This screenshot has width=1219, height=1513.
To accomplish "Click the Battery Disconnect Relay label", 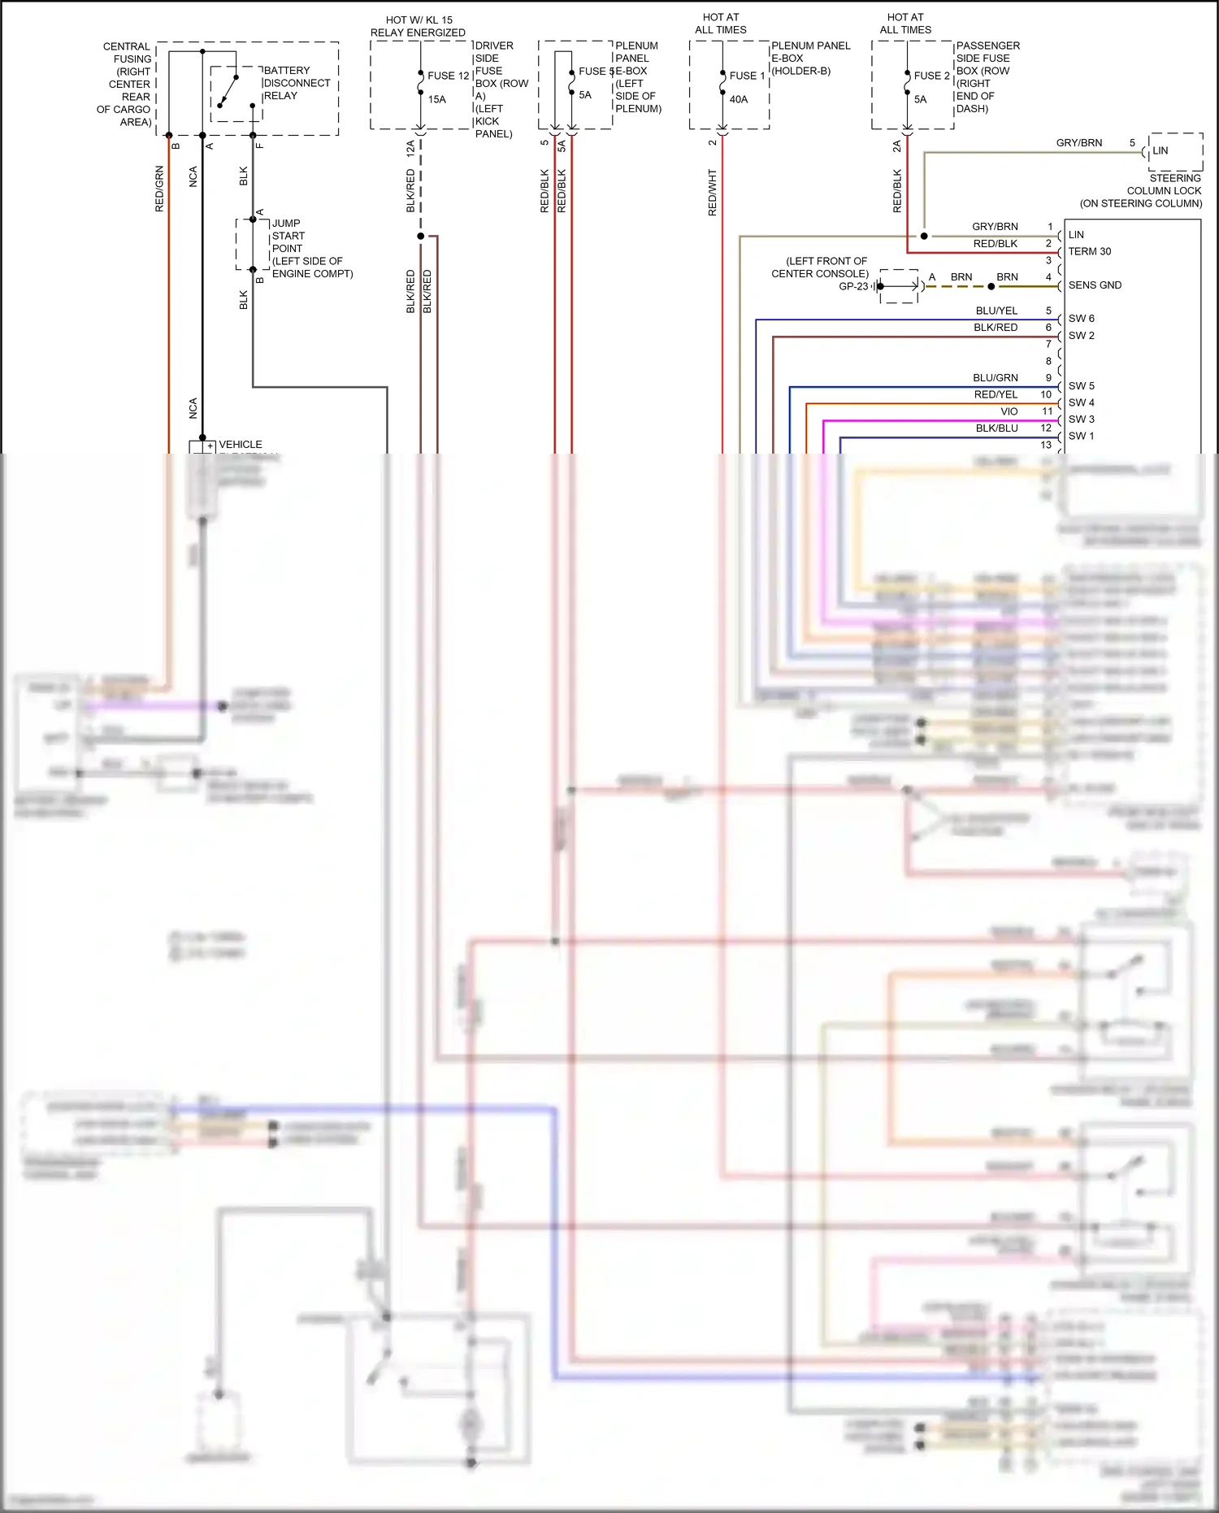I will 296,83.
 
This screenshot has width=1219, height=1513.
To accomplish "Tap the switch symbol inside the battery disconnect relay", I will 228,91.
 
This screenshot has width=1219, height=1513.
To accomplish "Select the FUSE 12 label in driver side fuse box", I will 449,76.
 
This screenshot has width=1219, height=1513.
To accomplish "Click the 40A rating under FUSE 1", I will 738,99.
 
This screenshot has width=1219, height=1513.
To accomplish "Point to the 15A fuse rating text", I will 437,99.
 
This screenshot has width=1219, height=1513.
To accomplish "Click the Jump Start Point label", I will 311,248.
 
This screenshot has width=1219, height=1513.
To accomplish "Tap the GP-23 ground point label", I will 853,286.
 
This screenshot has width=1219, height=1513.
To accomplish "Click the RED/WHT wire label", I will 713,193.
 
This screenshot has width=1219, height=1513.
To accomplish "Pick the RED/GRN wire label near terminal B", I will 159,189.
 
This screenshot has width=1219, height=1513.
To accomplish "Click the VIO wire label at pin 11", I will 1009,411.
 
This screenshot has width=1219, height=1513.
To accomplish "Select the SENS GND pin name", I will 1094,285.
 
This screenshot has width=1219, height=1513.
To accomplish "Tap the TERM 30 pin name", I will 1089,251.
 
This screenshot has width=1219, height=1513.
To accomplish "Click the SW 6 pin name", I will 1081,319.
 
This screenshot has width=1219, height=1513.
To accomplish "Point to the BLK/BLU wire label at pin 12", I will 996,428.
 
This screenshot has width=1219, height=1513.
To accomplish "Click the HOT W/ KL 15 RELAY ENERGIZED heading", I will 419,26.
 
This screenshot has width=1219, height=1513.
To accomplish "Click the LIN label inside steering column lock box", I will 1160,150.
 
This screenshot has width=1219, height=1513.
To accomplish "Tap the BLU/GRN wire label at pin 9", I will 995,378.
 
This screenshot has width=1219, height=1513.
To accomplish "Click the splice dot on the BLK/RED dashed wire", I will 420,237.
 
